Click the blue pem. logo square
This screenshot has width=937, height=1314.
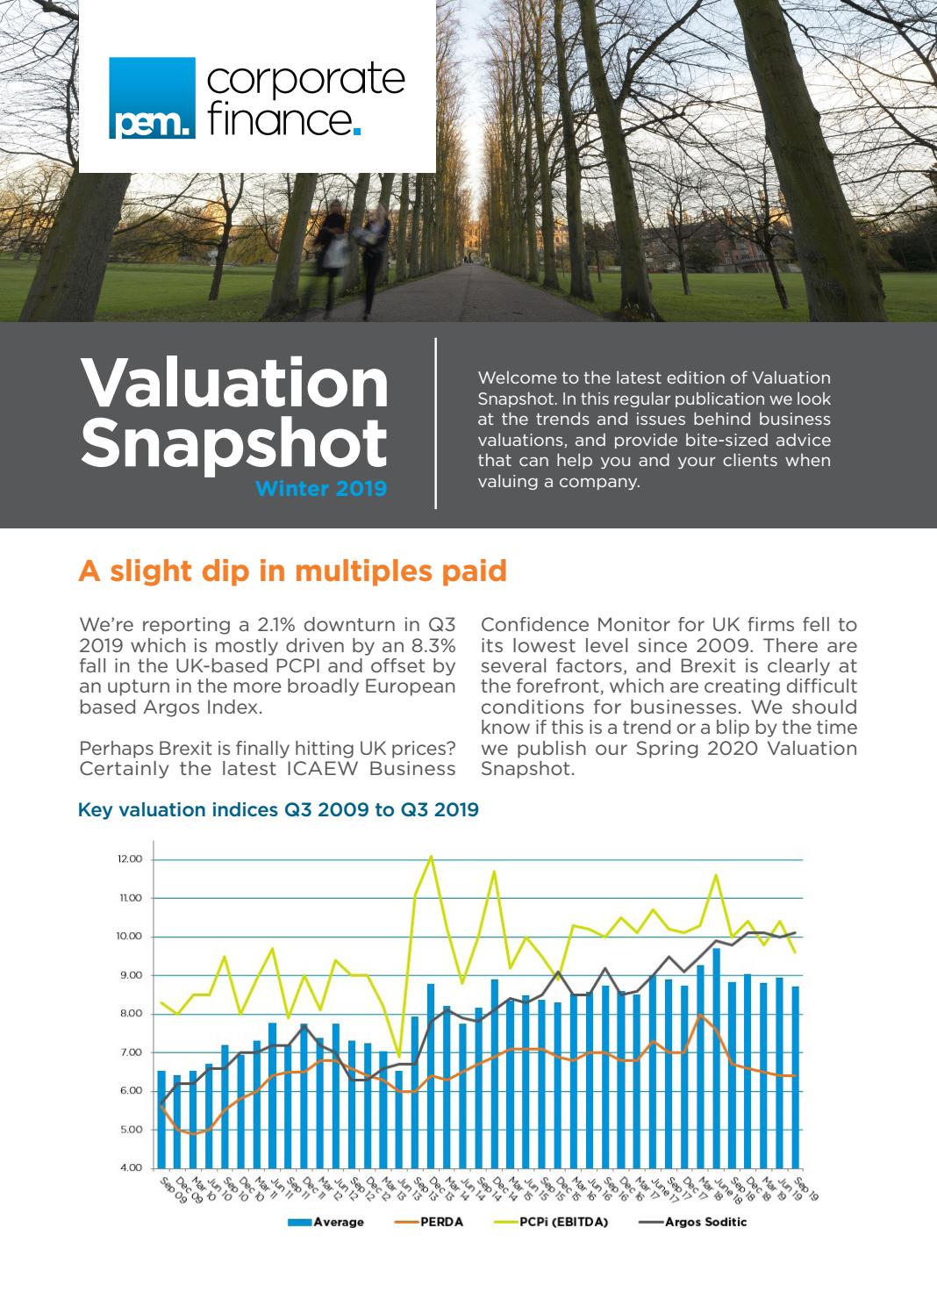pos(152,97)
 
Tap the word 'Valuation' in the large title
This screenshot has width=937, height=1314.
pos(234,383)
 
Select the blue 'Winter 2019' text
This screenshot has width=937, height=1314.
pos(320,489)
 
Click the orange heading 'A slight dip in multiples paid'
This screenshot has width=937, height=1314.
pos(292,571)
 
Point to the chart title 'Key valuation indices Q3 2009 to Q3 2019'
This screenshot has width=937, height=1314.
pos(278,809)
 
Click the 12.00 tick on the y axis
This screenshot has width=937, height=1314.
pos(129,859)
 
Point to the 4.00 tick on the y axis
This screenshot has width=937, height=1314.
pos(130,1167)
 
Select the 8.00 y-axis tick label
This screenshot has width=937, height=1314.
pos(130,1014)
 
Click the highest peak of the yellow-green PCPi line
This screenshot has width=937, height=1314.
pos(431,856)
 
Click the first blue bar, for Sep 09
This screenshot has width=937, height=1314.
pos(161,1118)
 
